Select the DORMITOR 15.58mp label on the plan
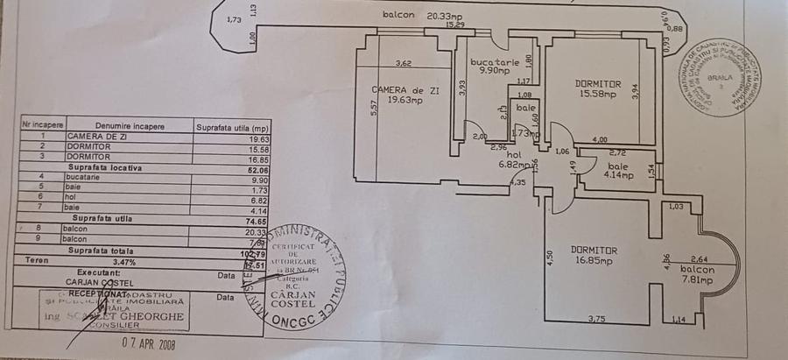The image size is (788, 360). (x=598, y=88)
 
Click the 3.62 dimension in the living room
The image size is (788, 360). (x=404, y=63)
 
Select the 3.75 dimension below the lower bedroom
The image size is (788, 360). (x=598, y=318)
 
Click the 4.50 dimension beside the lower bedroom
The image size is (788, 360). (x=549, y=258)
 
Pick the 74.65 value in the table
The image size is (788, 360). (x=257, y=223)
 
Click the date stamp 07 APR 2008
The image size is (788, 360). (x=148, y=343)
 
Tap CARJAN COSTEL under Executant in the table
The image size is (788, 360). (x=99, y=283)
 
